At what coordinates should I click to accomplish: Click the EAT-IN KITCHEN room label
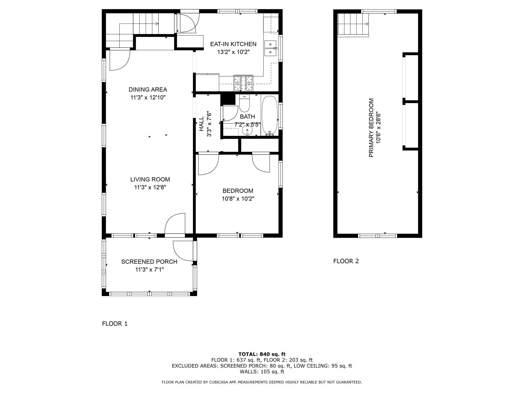(x=233, y=44)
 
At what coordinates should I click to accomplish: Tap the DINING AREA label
(x=148, y=89)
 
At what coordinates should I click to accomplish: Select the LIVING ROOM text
(x=150, y=179)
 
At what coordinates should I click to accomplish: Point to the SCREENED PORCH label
(x=149, y=262)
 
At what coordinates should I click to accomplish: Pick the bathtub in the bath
(x=270, y=116)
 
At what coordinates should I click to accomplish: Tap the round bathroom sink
(x=247, y=130)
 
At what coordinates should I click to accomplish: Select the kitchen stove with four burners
(x=243, y=83)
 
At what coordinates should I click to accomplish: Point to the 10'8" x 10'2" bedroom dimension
(x=238, y=199)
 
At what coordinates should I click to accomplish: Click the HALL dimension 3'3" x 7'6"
(x=209, y=124)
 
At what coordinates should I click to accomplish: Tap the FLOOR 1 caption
(x=115, y=324)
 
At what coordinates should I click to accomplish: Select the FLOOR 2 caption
(x=346, y=261)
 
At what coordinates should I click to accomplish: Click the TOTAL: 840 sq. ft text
(x=262, y=354)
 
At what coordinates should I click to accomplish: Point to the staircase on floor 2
(x=353, y=25)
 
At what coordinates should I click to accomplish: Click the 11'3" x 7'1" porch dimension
(x=150, y=270)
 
